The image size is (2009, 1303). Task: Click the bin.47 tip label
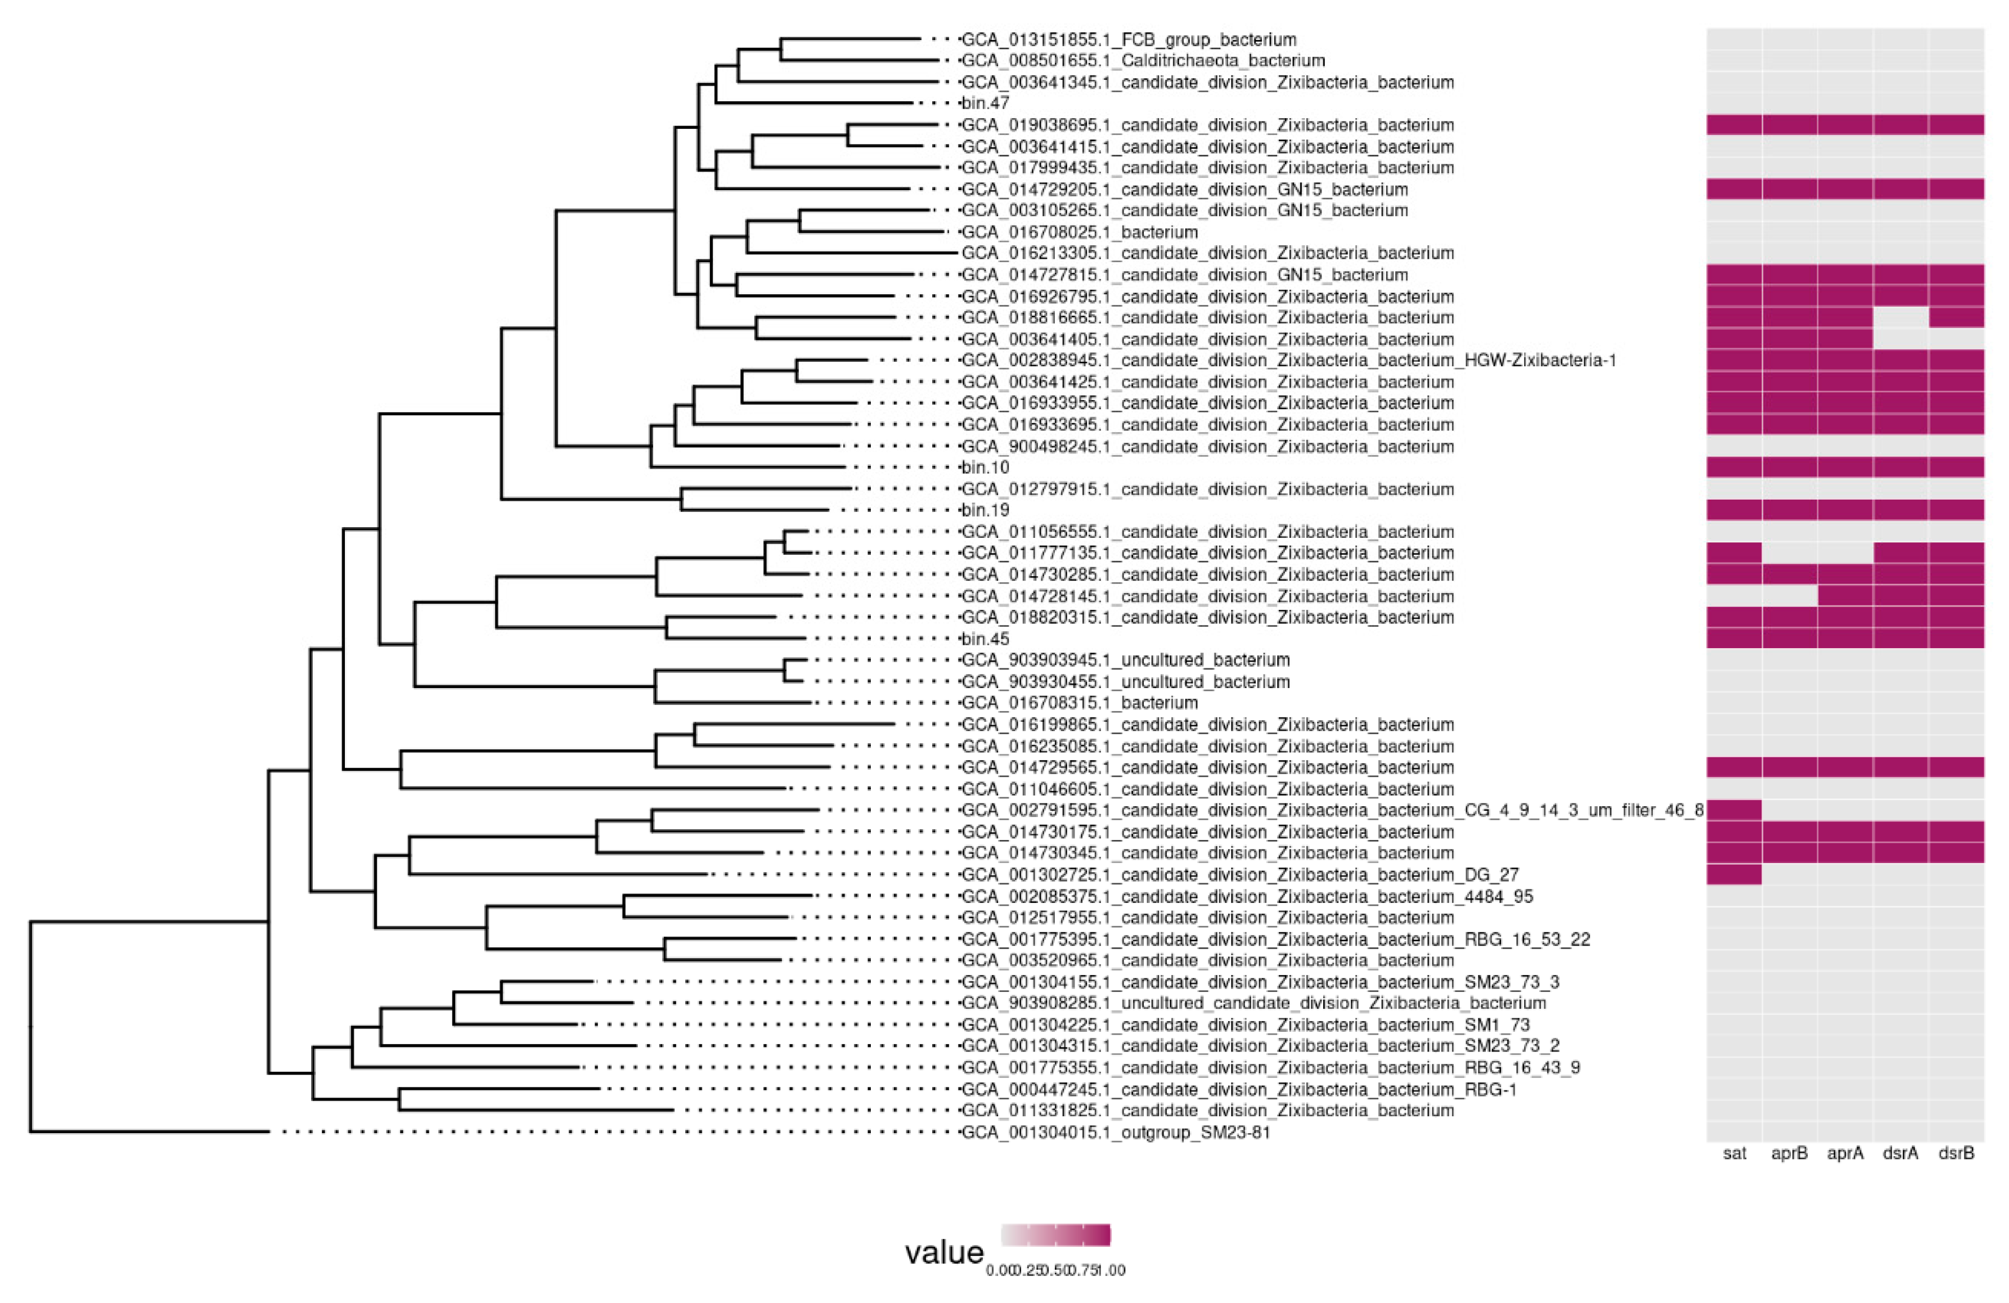985,104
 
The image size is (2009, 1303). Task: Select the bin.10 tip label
985,468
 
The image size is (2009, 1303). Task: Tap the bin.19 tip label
985,510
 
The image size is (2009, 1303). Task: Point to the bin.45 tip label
985,639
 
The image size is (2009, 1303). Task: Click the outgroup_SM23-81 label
1115,1133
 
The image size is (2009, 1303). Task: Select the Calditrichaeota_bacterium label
1143,61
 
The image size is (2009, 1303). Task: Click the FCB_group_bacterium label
1129,39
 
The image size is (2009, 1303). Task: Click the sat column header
1734,1153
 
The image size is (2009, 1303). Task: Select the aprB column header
1790,1153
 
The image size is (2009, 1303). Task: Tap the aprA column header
1845,1153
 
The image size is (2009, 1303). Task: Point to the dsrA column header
1900,1153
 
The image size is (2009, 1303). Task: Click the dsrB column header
1956,1153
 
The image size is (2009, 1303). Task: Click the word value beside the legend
943,1252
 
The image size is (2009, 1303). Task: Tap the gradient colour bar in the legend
1055,1234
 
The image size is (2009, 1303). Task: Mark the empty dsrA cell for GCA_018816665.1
1900,317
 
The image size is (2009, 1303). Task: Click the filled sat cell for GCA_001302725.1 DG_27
1734,874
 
